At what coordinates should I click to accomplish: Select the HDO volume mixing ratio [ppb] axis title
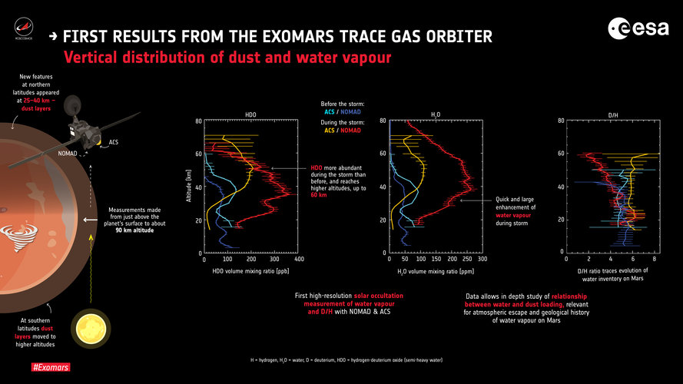pyautogui.click(x=250, y=273)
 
